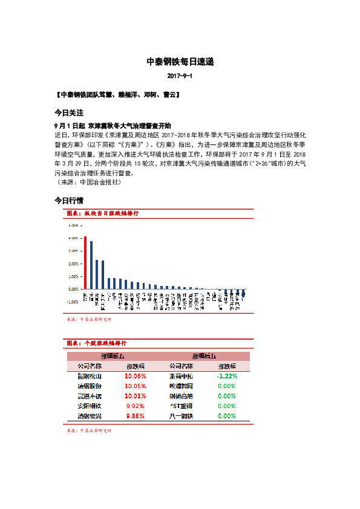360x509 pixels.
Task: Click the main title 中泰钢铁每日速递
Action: (x=180, y=62)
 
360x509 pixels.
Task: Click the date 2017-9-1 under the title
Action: (x=180, y=77)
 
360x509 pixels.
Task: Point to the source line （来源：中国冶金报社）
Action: (x=87, y=181)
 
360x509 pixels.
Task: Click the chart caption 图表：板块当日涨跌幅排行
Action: (x=102, y=213)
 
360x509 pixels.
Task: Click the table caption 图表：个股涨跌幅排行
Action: (x=96, y=343)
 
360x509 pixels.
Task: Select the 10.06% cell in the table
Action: (x=135, y=376)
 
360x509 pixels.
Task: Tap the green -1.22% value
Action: (x=226, y=376)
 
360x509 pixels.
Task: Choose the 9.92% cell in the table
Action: (x=135, y=406)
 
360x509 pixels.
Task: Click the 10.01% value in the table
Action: (x=135, y=396)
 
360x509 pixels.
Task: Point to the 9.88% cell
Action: (x=135, y=417)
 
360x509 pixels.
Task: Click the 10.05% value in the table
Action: (x=135, y=386)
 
